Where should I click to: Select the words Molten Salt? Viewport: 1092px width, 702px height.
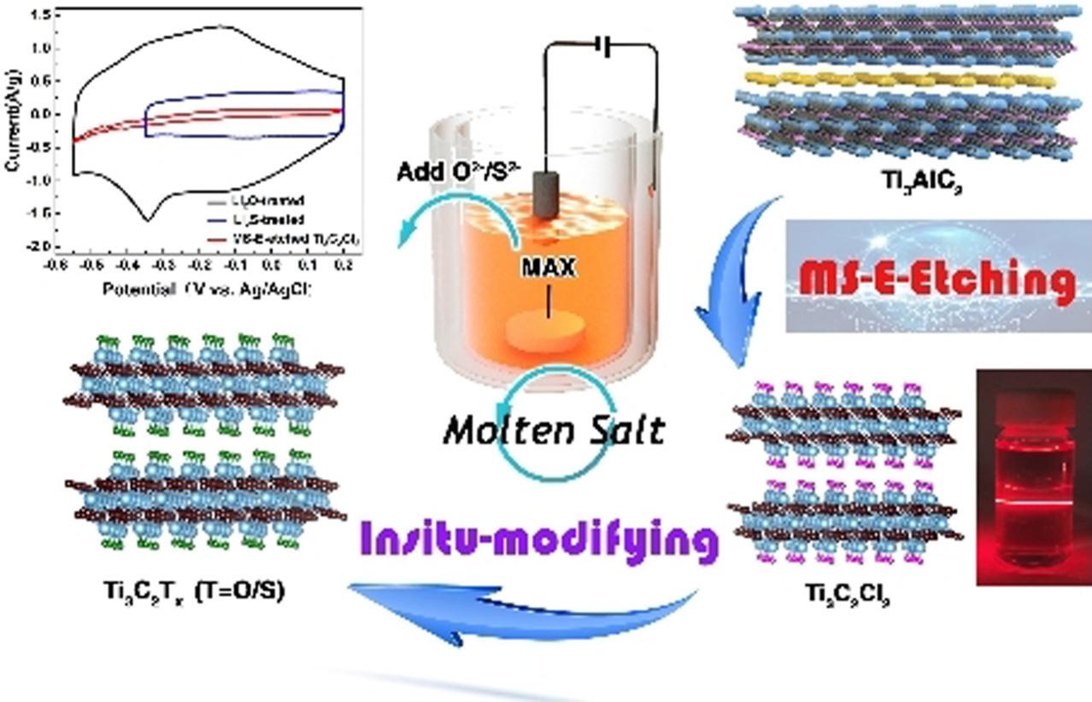(553, 429)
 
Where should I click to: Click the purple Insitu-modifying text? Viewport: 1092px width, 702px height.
(538, 539)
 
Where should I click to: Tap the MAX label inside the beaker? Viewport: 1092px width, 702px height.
(549, 268)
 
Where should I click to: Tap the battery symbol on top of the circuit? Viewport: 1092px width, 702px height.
(605, 49)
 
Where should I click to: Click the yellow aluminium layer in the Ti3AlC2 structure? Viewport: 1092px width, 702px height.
(897, 79)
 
